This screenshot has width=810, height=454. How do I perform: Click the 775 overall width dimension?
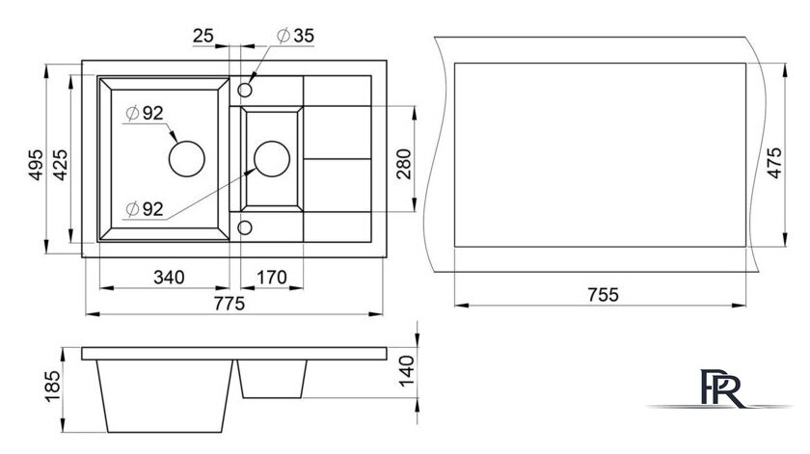point(229,304)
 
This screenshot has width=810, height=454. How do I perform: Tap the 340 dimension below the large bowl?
point(169,278)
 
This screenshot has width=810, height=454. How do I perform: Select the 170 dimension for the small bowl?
point(272,278)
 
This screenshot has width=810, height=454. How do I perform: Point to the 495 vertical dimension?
point(36,165)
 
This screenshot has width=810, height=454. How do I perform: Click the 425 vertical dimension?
point(60,165)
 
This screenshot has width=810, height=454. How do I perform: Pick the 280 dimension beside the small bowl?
point(404,164)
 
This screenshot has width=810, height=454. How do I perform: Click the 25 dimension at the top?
point(203,36)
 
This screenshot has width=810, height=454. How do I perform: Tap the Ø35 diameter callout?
point(295,36)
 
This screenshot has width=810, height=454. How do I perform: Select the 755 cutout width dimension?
point(603,294)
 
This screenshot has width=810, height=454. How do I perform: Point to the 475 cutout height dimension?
point(774,163)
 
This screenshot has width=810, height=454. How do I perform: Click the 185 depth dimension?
point(53,387)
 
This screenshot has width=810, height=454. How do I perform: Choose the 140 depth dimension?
point(407,370)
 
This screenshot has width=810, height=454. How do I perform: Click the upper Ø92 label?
point(145,113)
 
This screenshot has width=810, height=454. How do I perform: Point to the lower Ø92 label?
point(145,208)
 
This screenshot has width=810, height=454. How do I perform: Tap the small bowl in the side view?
point(272,379)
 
